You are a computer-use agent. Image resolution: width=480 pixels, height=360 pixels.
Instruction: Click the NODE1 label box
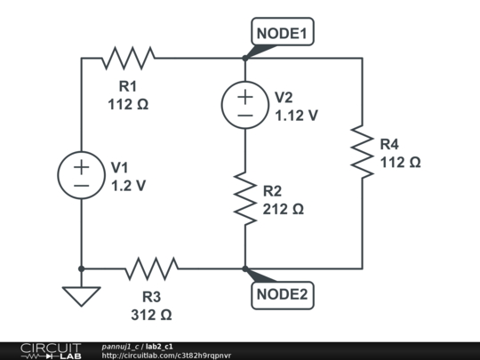tap(282, 34)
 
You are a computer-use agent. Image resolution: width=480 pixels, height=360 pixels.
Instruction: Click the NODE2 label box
tap(282, 294)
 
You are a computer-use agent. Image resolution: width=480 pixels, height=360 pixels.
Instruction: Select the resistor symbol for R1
tap(128, 59)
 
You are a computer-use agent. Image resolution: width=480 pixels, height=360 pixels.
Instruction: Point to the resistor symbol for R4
tap(362, 152)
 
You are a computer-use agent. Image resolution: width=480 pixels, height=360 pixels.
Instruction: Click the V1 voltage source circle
tap(81, 175)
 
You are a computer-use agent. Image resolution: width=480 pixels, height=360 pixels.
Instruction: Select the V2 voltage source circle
tap(244, 105)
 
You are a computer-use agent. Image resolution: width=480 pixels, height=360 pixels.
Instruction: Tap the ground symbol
tap(81, 295)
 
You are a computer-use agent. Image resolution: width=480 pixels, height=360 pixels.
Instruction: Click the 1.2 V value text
tap(128, 187)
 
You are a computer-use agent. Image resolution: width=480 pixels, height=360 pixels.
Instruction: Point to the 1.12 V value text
tap(296, 115)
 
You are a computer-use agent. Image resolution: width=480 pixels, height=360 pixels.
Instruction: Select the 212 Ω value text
tap(284, 210)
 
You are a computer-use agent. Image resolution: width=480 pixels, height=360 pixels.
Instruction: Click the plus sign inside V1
tap(81, 166)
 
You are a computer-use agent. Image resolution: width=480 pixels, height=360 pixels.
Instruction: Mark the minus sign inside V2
tap(244, 115)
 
